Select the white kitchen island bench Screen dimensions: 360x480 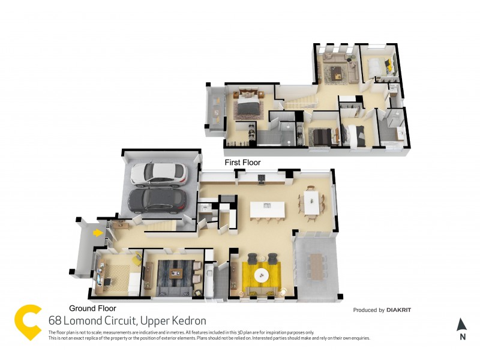pos(268,210)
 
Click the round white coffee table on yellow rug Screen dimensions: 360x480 pos(262,275)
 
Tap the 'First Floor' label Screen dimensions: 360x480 pos(242,163)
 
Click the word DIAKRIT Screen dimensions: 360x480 pos(399,310)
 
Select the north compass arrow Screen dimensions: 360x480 pos(461,325)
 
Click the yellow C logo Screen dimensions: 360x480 pos(28,322)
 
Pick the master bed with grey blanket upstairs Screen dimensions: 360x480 pos(248,106)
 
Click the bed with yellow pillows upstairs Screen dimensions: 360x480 pos(380,65)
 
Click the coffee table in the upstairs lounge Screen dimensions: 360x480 pos(337,73)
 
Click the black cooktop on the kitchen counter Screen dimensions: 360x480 pos(262,177)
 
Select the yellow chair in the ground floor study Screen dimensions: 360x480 pos(137,259)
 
